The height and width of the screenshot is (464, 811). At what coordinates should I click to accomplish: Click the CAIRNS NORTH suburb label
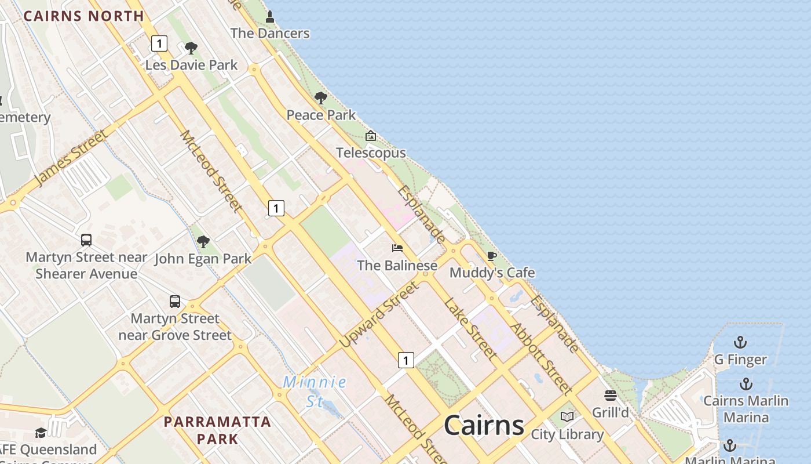[x=83, y=16]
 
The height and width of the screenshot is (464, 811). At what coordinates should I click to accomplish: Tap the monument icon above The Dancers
[x=269, y=17]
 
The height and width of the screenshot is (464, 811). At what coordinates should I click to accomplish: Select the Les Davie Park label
[x=191, y=65]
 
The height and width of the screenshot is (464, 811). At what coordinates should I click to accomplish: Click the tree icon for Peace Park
[x=320, y=98]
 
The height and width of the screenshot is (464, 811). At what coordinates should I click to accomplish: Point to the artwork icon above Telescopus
[x=371, y=136]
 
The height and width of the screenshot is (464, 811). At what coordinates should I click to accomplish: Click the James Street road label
[x=71, y=158]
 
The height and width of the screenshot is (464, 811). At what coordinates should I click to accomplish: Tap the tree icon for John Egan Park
[x=203, y=241]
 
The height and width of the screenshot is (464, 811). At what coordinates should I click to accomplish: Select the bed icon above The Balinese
[x=397, y=248]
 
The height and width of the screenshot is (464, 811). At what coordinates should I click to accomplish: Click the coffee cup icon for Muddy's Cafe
[x=492, y=256]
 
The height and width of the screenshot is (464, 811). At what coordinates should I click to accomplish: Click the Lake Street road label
[x=470, y=328]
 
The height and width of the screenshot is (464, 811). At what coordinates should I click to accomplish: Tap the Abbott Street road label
[x=541, y=358]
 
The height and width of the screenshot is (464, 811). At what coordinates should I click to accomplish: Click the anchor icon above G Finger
[x=740, y=342]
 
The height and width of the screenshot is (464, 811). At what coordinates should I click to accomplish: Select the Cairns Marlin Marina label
[x=746, y=409]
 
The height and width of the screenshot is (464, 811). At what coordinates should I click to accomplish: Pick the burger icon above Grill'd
[x=611, y=396]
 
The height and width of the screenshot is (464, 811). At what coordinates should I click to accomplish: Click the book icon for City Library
[x=567, y=417]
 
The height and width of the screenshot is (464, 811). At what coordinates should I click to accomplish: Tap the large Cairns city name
[x=484, y=425]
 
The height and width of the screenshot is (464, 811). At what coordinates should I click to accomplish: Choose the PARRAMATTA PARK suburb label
[x=217, y=430]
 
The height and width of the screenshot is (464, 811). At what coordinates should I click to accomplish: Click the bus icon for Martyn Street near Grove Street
[x=175, y=302]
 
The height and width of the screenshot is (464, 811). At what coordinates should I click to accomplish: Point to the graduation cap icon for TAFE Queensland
[x=41, y=433]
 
